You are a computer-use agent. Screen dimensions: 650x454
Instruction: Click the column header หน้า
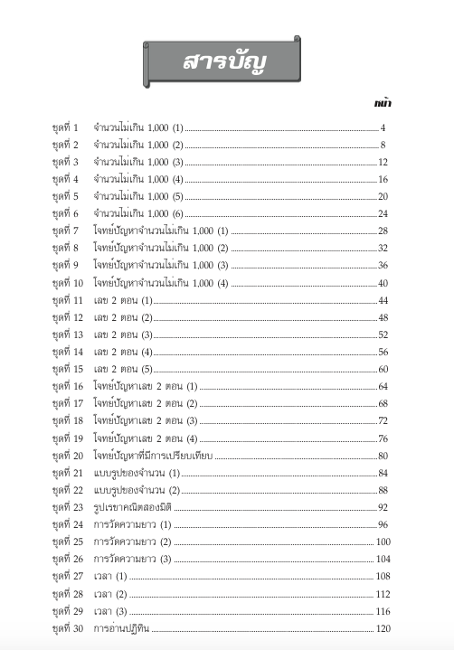click(x=382, y=104)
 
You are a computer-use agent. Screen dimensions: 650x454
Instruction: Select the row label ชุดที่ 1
click(x=66, y=127)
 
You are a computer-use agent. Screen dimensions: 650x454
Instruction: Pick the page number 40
click(x=383, y=283)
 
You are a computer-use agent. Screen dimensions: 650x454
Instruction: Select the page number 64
click(x=383, y=387)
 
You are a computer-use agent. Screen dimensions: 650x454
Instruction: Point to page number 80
click(x=383, y=456)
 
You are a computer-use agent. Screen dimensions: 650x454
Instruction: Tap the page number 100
click(x=382, y=542)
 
